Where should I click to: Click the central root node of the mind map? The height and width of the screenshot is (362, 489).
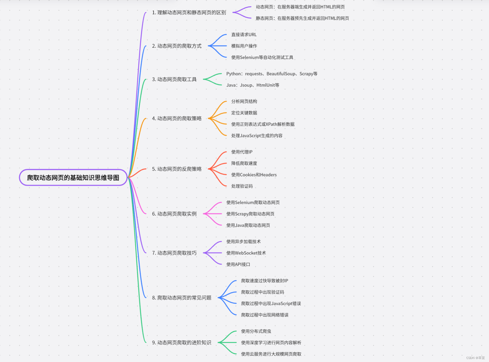(73, 178)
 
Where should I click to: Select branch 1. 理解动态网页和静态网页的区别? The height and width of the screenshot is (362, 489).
(189, 13)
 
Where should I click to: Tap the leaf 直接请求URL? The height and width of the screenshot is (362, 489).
(244, 35)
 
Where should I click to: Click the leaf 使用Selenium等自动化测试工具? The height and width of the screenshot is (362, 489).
(262, 57)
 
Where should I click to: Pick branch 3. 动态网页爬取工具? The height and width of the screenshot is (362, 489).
(174, 79)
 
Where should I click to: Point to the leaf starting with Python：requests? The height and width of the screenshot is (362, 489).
(272, 74)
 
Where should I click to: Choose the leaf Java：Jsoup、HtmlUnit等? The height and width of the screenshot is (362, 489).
(253, 85)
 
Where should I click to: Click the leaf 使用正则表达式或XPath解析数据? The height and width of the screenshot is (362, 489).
(263, 124)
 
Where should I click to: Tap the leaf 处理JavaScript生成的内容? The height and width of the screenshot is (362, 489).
(257, 136)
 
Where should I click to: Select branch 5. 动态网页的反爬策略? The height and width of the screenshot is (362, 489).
(177, 169)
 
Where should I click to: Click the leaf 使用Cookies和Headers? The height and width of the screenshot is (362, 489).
(254, 175)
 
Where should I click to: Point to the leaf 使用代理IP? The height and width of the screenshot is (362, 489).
(242, 152)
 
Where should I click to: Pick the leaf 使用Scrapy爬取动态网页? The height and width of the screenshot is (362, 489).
(250, 214)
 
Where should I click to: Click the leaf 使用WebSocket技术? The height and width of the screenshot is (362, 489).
(246, 253)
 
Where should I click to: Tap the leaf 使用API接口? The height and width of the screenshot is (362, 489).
(238, 265)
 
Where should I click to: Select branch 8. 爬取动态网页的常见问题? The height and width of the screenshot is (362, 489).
(182, 298)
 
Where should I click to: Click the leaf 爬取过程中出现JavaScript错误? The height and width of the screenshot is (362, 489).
(271, 304)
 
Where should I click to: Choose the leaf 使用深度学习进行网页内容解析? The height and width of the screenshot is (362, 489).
(271, 343)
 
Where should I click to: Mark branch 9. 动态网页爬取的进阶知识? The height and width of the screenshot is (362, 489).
(182, 343)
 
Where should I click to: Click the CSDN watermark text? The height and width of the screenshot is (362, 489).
(475, 358)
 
